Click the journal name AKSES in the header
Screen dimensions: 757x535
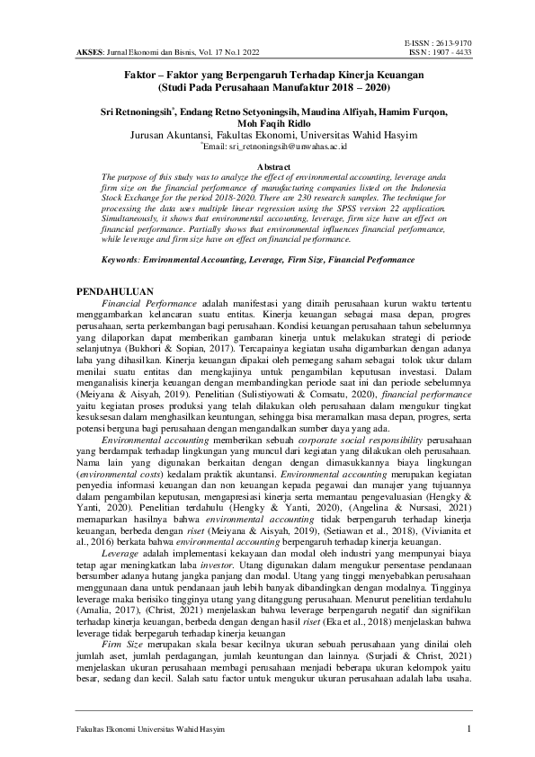85,51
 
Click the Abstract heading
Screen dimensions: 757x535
267,167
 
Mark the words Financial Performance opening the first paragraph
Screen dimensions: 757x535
147,304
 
